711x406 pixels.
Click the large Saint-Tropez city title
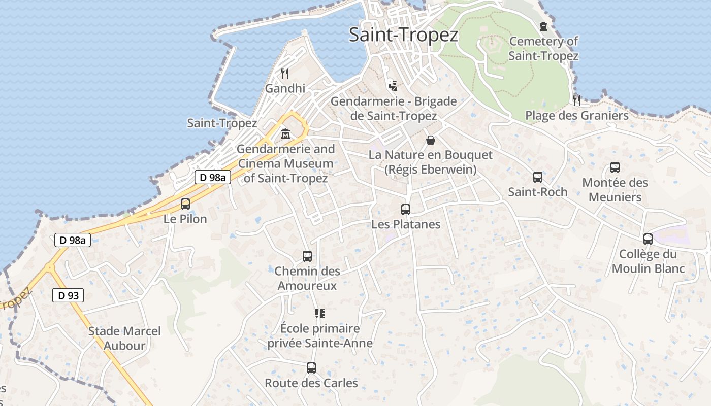pos(404,35)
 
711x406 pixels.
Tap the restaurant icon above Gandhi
pos(285,74)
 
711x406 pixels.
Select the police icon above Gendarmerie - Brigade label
pos(393,85)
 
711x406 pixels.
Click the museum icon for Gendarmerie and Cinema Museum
pos(285,134)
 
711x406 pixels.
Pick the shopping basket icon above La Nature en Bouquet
pos(431,140)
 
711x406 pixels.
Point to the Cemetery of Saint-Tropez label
pos(543,48)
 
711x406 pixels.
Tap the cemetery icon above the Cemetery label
pos(544,26)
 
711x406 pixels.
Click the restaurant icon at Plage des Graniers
pos(577,100)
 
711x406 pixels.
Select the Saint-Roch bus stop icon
pos(538,177)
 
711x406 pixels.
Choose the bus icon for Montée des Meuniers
pos(615,167)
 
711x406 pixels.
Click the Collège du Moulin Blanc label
pos(648,261)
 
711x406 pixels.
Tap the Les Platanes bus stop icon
pos(406,209)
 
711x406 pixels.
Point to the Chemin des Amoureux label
pos(307,278)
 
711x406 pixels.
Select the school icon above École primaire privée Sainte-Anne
pos(319,314)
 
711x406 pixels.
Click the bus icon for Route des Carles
pos(311,368)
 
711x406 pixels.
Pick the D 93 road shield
pos(68,295)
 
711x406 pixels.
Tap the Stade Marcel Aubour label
pos(124,339)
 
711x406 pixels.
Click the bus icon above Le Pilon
pos(185,204)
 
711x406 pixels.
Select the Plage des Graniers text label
pos(577,116)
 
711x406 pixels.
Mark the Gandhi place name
pos(285,88)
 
